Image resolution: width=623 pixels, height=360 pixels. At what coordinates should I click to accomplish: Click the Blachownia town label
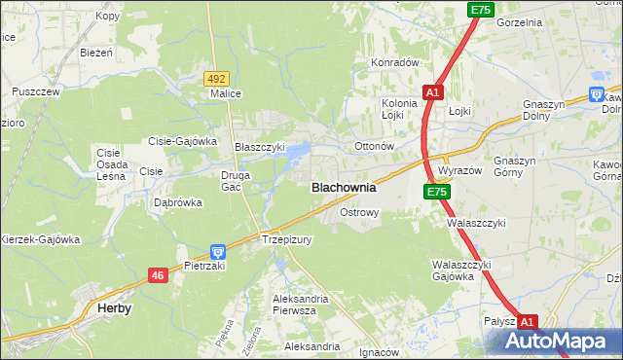point(343,188)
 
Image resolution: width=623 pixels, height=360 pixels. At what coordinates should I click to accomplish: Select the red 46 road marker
point(158,276)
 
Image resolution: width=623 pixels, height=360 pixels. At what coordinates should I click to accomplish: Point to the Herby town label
point(115,307)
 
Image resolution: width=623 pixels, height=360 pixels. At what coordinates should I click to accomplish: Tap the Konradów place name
point(393,62)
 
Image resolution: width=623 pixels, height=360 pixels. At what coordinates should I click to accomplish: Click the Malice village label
point(226,94)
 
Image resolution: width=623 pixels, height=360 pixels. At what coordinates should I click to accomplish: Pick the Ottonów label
point(373,147)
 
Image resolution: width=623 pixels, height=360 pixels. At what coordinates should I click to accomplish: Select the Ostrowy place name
point(358,211)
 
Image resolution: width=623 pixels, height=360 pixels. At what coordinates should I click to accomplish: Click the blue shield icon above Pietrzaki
point(217,251)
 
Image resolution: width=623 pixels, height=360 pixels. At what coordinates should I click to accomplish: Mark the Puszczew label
point(36,91)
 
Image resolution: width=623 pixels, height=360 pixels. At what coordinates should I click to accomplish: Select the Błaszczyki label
point(260,147)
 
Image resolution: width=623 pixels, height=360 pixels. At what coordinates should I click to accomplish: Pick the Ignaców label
point(380,352)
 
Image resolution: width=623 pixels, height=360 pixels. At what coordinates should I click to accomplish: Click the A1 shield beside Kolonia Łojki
point(433,92)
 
